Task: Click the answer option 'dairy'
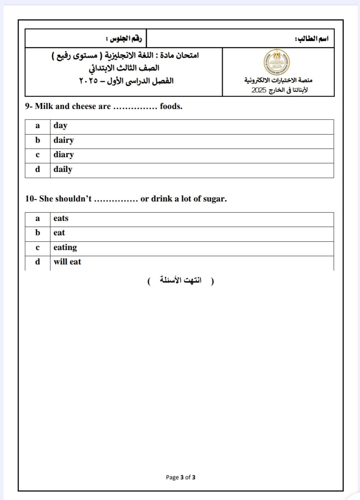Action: pos(64,140)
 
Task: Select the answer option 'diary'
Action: pos(64,155)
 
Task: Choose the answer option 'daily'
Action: pos(63,169)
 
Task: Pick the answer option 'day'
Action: pos(60,126)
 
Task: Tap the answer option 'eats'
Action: pos(61,218)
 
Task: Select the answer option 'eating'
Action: pos(65,247)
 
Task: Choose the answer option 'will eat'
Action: pos(67,262)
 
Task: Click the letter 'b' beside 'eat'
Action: pos(37,233)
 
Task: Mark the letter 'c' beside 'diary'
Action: pos(37,155)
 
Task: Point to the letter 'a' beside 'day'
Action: pos(37,126)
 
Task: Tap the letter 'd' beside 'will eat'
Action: pos(37,262)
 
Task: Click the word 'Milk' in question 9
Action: pos(44,106)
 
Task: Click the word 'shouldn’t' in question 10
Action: pos(73,199)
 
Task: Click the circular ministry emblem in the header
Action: pos(276,62)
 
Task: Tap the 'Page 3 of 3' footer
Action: pos(181,477)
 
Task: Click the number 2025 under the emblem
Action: pos(259,90)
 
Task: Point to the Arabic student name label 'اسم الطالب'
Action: pos(311,39)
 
